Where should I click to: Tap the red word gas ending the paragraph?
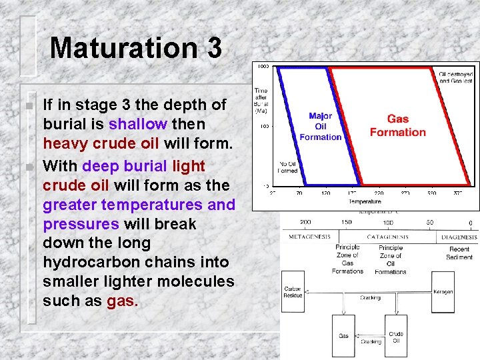pos(122,301)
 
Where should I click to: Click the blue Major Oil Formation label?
pos(321,127)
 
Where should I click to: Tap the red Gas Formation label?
pos(397,125)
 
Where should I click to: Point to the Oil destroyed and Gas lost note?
pos(457,77)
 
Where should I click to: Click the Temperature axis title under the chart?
pos(364,201)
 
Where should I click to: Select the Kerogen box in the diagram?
pos(443,291)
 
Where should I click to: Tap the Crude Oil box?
pos(396,337)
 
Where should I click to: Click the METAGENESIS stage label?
pos(310,237)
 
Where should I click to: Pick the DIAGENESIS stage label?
pos(459,237)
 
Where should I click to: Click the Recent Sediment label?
pos(459,253)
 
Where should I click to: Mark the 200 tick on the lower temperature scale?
pos(305,223)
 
